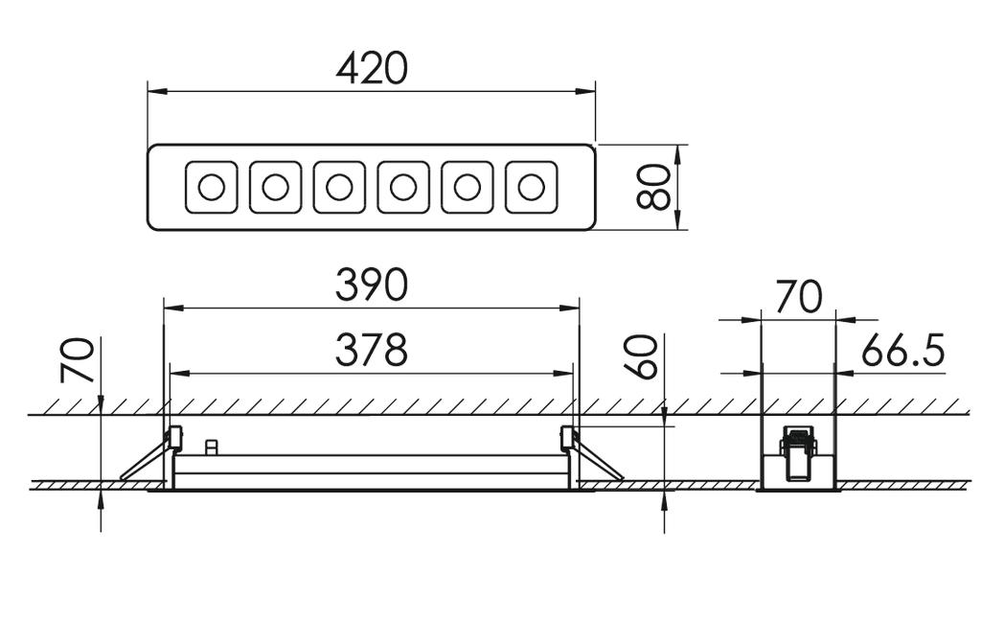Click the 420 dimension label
pyautogui.click(x=372, y=68)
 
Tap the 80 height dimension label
pyautogui.click(x=653, y=187)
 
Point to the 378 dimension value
pyautogui.click(x=372, y=350)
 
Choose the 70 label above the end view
pyautogui.click(x=798, y=296)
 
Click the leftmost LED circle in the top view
pyautogui.click(x=211, y=187)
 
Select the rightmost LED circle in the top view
pyautogui.click(x=531, y=187)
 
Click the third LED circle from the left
pyautogui.click(x=339, y=187)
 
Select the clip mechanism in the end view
pyautogui.click(x=798, y=454)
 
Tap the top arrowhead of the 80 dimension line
pyautogui.click(x=677, y=154)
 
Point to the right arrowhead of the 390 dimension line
pyautogui.click(x=570, y=308)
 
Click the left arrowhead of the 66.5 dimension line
pyautogui.click(x=751, y=374)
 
